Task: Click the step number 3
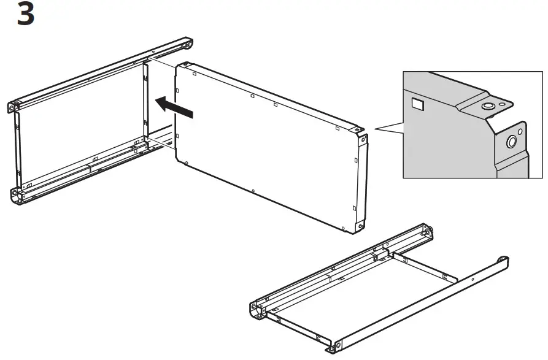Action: click(x=25, y=14)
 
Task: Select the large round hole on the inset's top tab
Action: click(x=488, y=107)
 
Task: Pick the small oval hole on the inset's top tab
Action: click(x=503, y=104)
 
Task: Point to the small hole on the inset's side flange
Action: click(x=520, y=131)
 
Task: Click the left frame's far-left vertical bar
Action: click(x=18, y=147)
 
